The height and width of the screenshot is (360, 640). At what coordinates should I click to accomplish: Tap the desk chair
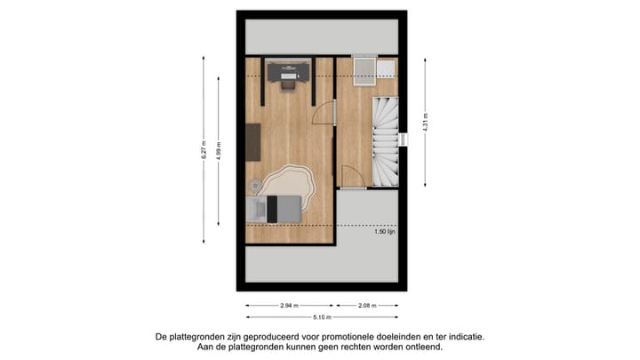coord(288,83)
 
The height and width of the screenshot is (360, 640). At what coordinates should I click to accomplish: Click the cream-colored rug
coord(289,186)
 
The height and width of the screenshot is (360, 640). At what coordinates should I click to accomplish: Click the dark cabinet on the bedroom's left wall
coord(252,142)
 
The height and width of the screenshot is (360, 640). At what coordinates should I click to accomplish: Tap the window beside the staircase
coord(403,140)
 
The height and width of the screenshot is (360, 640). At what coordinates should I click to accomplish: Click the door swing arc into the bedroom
coord(324,113)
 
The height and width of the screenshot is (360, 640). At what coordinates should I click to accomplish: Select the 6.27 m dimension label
coord(204,149)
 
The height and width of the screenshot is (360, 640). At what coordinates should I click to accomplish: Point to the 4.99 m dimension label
coord(220,149)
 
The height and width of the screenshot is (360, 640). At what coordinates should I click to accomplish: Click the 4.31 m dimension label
coord(426,120)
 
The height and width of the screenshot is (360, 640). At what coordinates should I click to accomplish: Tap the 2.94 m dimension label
coord(289,306)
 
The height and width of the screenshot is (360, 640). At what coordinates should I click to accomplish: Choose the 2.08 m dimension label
coord(365,306)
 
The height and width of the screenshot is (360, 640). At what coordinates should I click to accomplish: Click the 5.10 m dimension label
coord(322,317)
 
